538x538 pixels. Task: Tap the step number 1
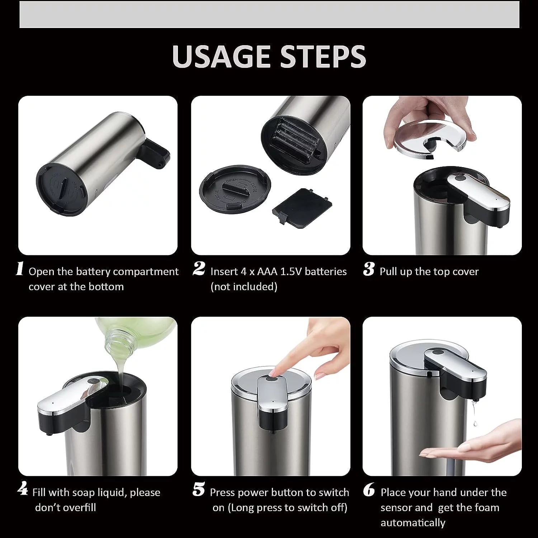pyautogui.click(x=20, y=269)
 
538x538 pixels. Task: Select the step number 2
pyautogui.click(x=199, y=269)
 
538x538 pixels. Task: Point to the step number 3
pyautogui.click(x=369, y=269)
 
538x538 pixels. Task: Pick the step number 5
pyautogui.click(x=198, y=490)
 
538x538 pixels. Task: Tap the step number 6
pyautogui.click(x=369, y=490)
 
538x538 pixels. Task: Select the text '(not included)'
pyautogui.click(x=244, y=287)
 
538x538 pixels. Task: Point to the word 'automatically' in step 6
pyautogui.click(x=413, y=523)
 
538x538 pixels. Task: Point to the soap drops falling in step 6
pyautogui.click(x=474, y=416)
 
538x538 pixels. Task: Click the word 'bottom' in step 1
pyautogui.click(x=107, y=287)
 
